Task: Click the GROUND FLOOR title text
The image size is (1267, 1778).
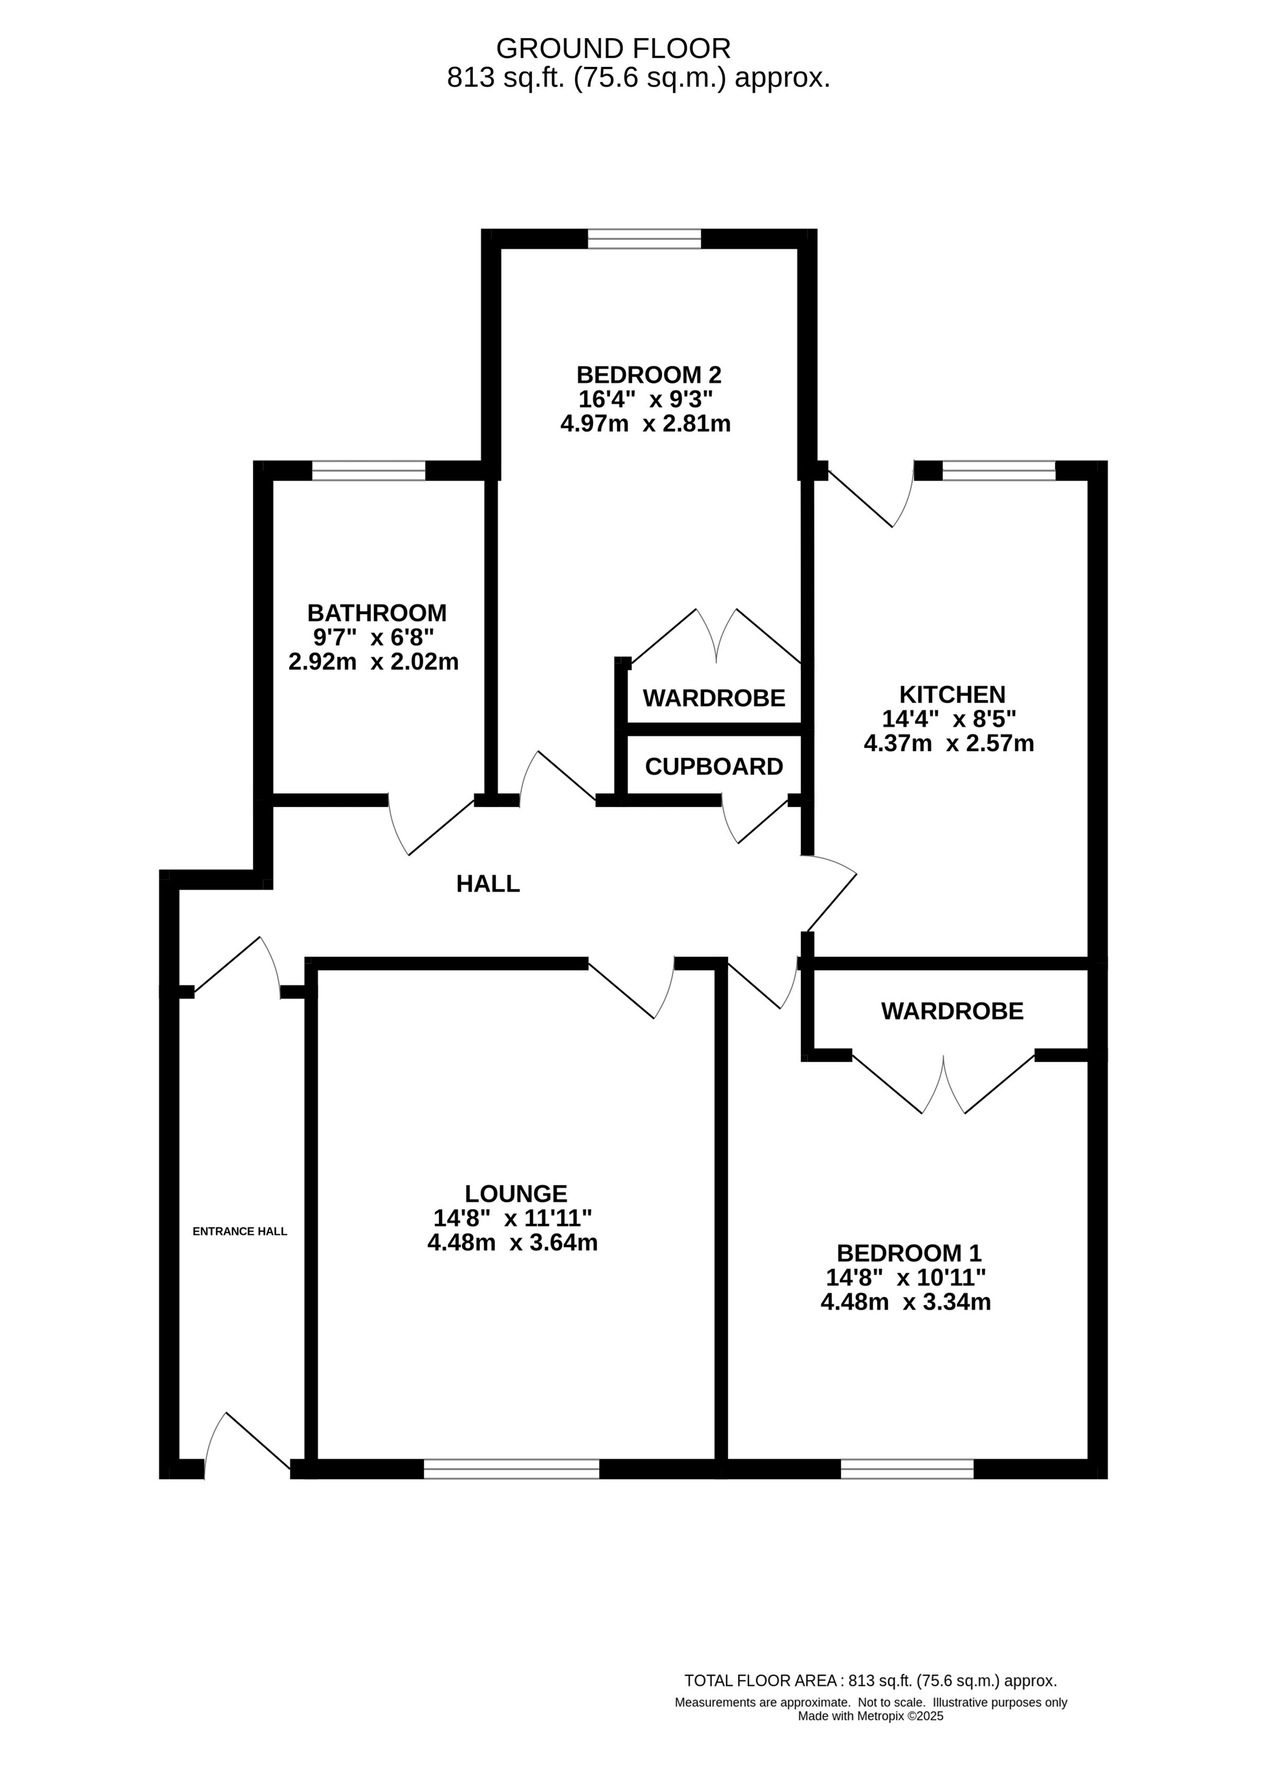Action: coord(613,48)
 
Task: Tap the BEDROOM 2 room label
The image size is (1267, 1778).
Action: coord(649,374)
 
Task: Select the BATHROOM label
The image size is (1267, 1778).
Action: coord(377,613)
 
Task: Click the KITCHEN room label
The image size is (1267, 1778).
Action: coord(952,694)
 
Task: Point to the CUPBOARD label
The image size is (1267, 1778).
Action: coord(714,767)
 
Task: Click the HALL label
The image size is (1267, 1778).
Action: coord(488,884)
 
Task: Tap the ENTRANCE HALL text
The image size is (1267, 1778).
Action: coord(240,1231)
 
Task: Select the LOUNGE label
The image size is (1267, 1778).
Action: coord(516,1193)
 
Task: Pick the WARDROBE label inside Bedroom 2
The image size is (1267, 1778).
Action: coord(714,698)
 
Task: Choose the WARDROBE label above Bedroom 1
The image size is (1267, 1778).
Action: coord(952,1011)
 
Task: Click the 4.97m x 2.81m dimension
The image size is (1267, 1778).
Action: coord(645,425)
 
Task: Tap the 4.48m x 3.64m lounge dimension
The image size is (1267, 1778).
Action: coord(513,1243)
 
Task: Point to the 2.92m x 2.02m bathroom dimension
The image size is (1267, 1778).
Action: coord(374,662)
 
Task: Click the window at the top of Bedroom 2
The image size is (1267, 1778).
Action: coord(644,238)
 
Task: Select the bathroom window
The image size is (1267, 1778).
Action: coord(369,470)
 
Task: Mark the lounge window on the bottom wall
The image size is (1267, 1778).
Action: coord(512,1469)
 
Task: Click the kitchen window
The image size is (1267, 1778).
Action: coord(999,470)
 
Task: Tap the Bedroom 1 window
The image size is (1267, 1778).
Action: coord(907,1469)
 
